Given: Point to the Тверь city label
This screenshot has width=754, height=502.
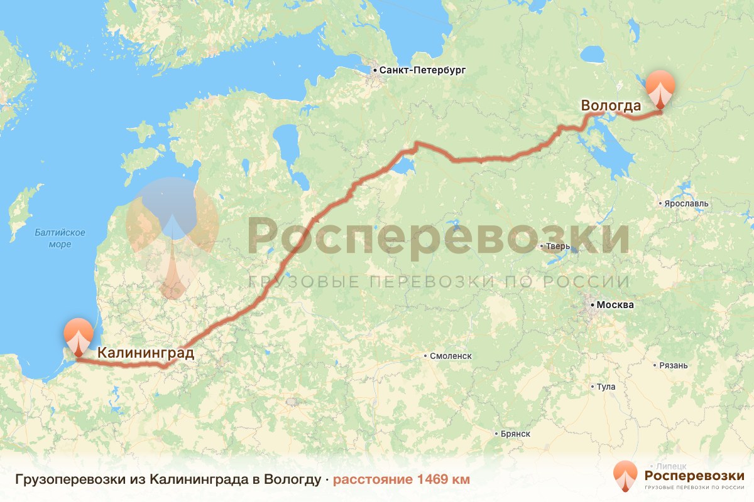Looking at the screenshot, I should coord(559,247).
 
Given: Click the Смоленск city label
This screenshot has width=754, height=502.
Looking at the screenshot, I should coord(451,356).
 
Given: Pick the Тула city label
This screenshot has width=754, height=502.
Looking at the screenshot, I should coord(606,387).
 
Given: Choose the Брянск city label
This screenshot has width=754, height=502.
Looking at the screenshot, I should coord(516,434).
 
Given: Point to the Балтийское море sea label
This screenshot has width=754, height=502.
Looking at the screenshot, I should coord(60,238).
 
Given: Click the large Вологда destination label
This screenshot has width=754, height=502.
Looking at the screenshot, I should coord(611,105).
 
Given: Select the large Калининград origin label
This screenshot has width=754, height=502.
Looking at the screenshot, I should coord(146,353).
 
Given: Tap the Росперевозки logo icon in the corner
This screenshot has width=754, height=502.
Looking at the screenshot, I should coord(625,476).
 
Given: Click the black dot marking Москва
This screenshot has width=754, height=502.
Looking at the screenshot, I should coord(591,306).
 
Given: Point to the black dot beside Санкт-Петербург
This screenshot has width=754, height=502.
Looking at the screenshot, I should coord(374,71).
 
